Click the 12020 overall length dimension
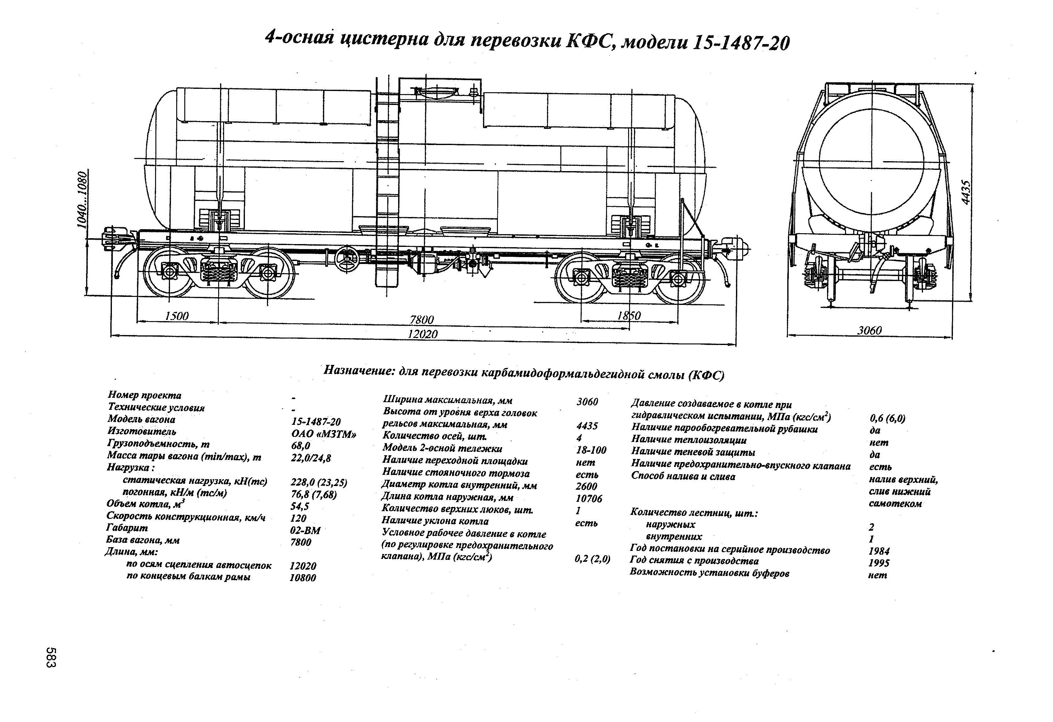coord(422,334)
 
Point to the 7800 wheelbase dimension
coord(421,320)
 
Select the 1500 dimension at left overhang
coord(177,316)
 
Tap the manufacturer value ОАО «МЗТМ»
coord(324,434)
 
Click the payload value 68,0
coord(301,446)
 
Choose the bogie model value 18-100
coord(591,450)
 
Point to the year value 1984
coord(879,551)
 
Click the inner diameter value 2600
coord(586,487)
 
